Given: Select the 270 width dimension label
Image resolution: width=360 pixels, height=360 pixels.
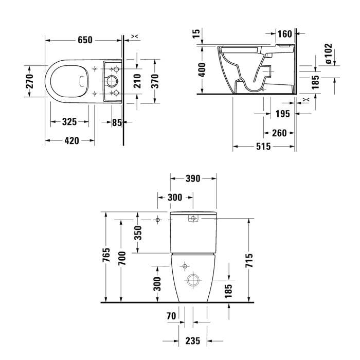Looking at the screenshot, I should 30,80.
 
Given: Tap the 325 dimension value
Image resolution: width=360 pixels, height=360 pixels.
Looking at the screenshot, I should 69,122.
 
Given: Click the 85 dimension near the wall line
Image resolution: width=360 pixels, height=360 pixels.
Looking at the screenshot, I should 117,122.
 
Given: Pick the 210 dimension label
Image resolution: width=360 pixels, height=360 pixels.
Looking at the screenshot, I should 137,80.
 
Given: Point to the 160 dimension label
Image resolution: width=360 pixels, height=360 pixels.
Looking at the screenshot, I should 284,34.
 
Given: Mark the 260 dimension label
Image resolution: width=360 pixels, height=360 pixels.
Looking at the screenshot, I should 279,133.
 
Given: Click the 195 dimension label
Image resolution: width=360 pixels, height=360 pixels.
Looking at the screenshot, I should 282,114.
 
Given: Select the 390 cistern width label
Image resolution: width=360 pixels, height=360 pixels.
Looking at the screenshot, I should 193,178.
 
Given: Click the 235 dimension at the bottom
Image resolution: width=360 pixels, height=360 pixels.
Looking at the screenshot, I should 193,340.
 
